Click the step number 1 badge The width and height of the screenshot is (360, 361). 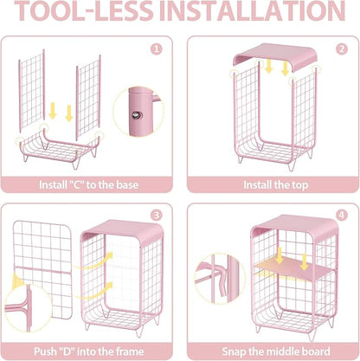157,49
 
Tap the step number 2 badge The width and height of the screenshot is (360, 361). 342,49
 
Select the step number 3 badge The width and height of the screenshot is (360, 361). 157,216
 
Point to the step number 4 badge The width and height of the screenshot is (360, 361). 342,216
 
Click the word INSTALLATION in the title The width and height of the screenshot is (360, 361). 253,11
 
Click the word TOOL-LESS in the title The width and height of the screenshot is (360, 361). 84,11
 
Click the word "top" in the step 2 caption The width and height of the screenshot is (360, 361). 300,185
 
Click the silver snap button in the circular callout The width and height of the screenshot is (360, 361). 136,115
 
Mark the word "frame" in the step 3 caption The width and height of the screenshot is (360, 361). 130,351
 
